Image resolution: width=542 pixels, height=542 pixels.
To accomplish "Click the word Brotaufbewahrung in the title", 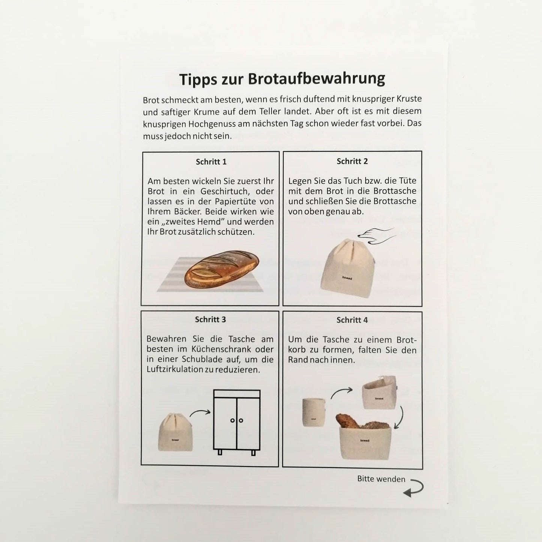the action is coord(317,80).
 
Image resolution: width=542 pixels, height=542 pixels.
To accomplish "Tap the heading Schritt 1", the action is coord(211,162).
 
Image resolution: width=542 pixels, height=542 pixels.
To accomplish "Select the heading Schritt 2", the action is coord(352,161).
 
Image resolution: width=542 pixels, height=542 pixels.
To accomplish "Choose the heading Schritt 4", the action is coord(352,320).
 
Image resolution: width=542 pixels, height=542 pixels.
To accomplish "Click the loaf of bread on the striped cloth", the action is coord(222,269).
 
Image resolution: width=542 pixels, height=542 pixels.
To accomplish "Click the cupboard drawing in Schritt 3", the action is coord(237,422).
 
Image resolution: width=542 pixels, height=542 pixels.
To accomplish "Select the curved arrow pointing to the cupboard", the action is coord(200,413).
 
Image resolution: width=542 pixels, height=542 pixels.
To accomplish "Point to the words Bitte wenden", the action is coord(381,479).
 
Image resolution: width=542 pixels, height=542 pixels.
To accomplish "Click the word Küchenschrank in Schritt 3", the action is coord(221,349).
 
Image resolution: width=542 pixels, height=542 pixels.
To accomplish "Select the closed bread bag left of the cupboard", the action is coord(176,432).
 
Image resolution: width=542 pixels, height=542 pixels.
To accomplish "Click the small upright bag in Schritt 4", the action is coord(314,412).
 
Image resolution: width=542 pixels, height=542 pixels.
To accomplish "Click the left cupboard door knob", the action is coord(232,420).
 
